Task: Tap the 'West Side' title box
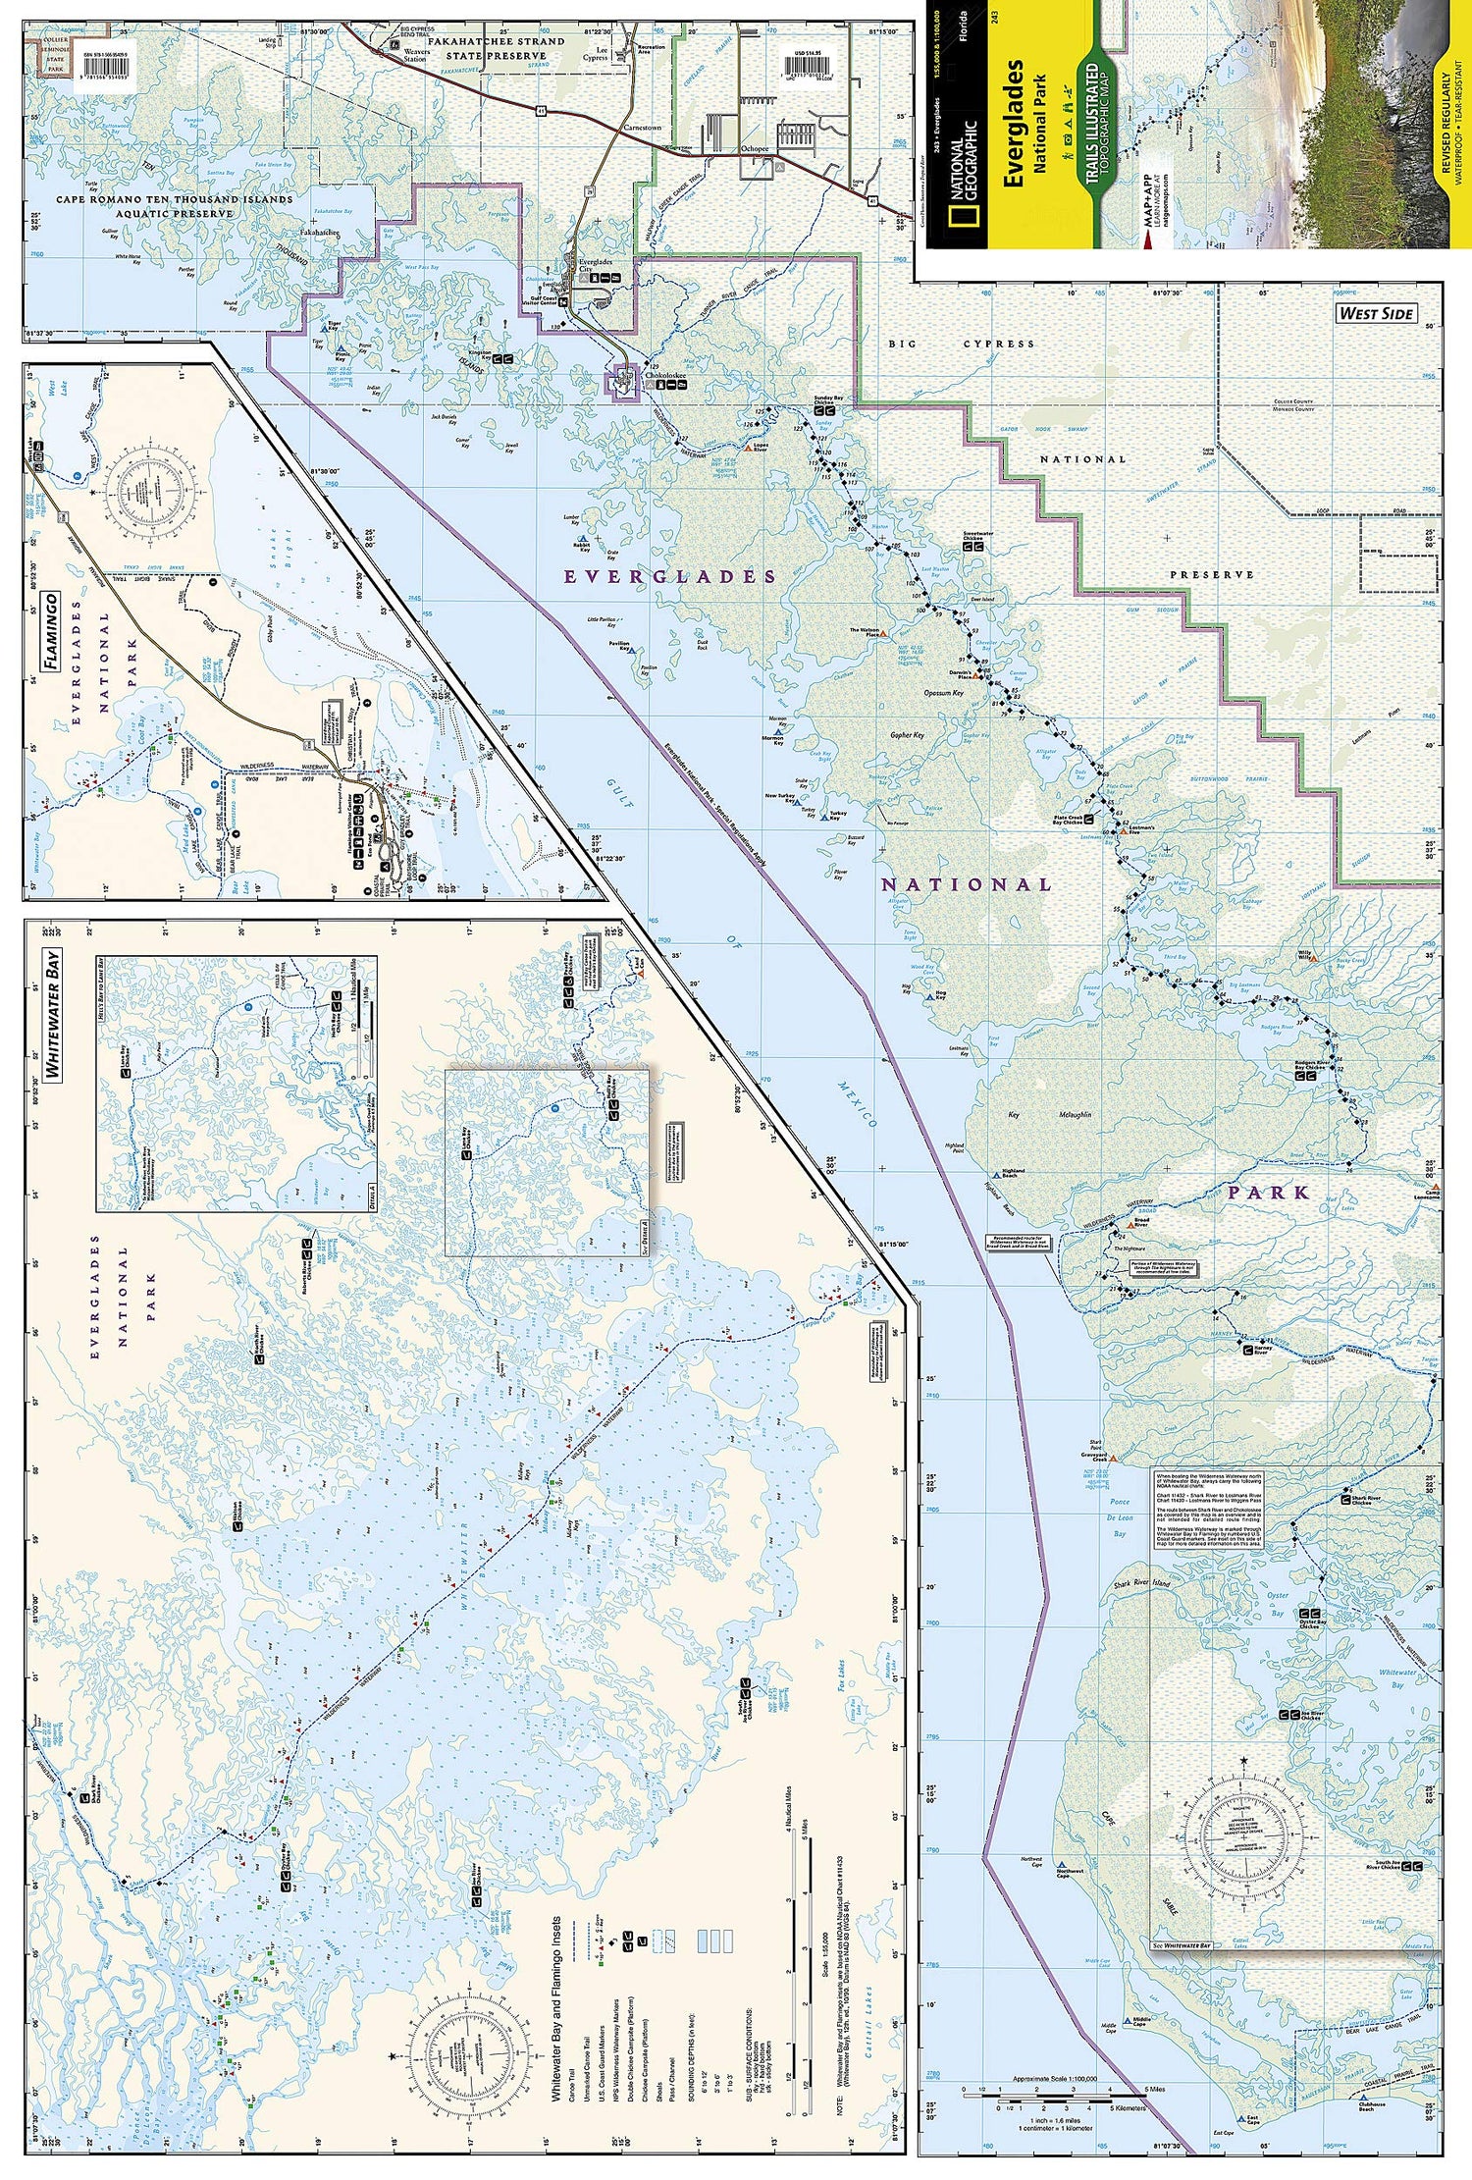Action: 1376,313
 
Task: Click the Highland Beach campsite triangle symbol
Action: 994,1171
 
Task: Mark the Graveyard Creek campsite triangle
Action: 1113,1460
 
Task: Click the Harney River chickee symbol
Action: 1247,1350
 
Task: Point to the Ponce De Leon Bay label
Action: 1120,1517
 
